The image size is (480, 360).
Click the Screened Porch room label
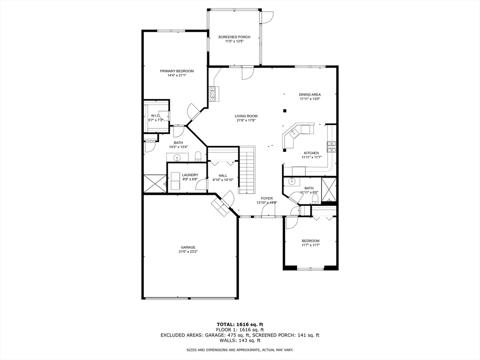pos(234,37)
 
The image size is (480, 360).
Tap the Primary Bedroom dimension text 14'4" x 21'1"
pos(176,76)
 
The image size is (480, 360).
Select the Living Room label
pos(246,116)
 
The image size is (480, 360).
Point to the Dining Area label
pos(310,95)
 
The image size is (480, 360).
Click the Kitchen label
pos(311,153)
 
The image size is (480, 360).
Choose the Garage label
pos(188,247)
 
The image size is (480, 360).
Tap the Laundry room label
pos(190,175)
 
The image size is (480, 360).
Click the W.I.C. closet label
pos(155,116)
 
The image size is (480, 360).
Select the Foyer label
pos(267,198)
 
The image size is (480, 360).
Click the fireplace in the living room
pos(214,94)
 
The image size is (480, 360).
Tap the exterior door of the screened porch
pos(267,16)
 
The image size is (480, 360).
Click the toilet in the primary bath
pos(198,156)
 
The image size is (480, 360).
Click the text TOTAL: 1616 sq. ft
pos(240,324)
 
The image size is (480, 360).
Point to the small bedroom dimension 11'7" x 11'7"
pos(310,246)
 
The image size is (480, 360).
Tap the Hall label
pos(223,175)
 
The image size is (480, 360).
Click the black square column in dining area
pos(285,111)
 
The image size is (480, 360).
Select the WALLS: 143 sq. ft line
pos(240,341)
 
